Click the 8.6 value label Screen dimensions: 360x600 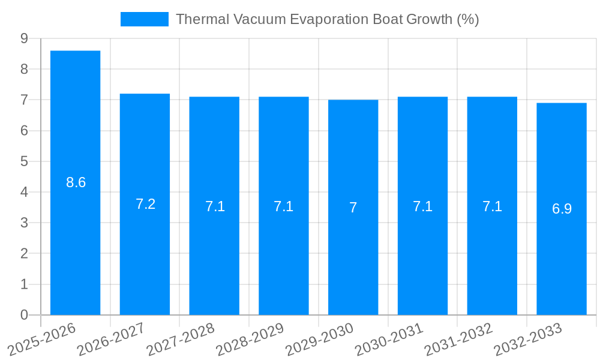pyautogui.click(x=76, y=182)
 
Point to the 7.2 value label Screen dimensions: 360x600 pyautogui.click(x=145, y=204)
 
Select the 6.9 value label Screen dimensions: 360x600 pyautogui.click(x=562, y=209)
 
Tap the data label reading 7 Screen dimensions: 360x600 pyautogui.click(x=353, y=208)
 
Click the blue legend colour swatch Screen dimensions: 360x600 pyautogui.click(x=144, y=19)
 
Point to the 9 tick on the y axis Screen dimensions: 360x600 pyautogui.click(x=24, y=38)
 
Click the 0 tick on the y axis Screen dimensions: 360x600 pyautogui.click(x=24, y=315)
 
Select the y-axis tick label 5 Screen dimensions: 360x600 pyautogui.click(x=24, y=161)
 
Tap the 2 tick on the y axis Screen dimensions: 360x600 pyautogui.click(x=24, y=254)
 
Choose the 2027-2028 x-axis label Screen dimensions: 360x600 pyautogui.click(x=180, y=339)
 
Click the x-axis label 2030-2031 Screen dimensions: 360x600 pyautogui.click(x=388, y=339)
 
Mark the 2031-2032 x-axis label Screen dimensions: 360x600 pyautogui.click(x=458, y=339)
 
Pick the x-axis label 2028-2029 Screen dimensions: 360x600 pyautogui.click(x=249, y=339)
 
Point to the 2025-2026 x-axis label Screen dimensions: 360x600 pyautogui.click(x=41, y=339)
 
